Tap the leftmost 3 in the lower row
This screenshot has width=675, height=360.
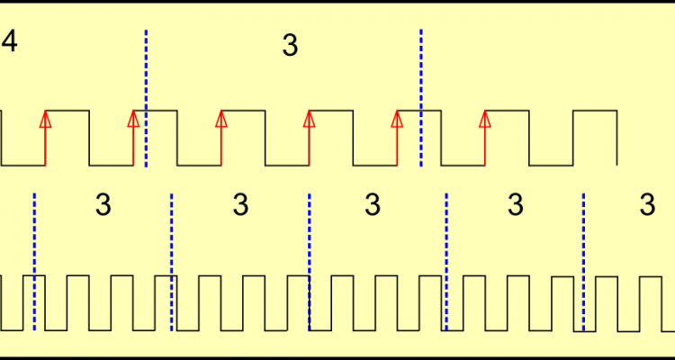pyautogui.click(x=103, y=206)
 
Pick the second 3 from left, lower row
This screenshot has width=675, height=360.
pyautogui.click(x=240, y=206)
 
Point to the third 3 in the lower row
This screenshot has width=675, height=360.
pyautogui.click(x=373, y=206)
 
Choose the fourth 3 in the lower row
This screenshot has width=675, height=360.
pyautogui.click(x=515, y=206)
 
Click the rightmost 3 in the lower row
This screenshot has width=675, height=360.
pyautogui.click(x=647, y=206)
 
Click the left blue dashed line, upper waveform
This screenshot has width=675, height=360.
pyautogui.click(x=146, y=99)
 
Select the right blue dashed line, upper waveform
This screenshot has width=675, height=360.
pyautogui.click(x=420, y=99)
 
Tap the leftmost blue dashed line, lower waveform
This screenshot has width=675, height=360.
pyautogui.click(x=34, y=261)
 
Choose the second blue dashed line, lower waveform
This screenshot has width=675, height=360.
pyautogui.click(x=171, y=261)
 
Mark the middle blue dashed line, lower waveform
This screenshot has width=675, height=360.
pyautogui.click(x=309, y=261)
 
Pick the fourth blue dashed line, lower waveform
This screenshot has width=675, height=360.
pyautogui.click(x=446, y=261)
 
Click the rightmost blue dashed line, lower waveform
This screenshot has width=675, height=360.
pyautogui.click(x=583, y=261)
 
